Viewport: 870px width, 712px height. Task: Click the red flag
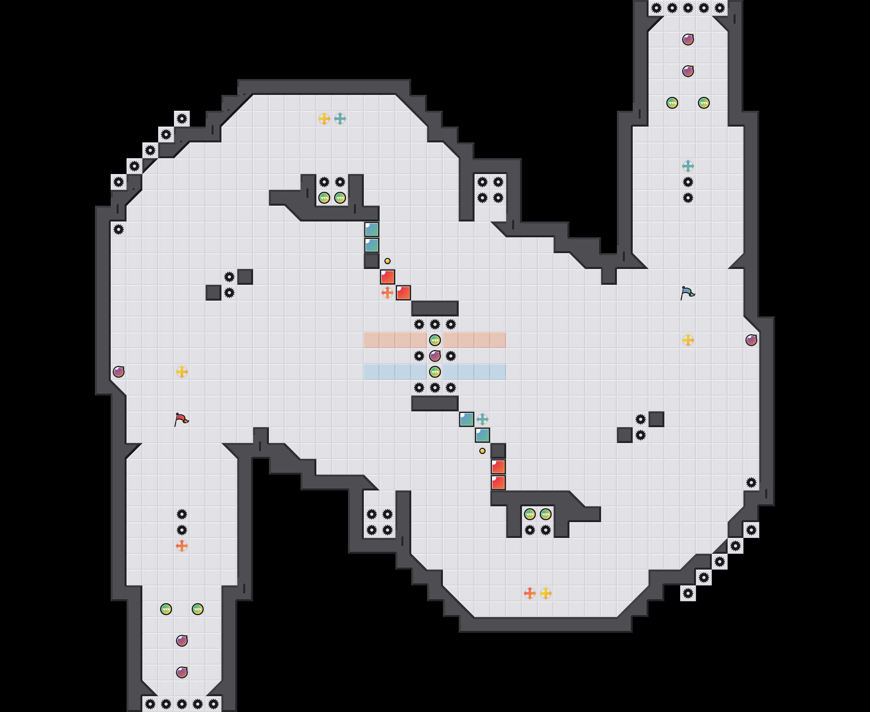(x=181, y=419)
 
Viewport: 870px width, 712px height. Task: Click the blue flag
(x=687, y=293)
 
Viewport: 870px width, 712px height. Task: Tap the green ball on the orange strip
(x=435, y=340)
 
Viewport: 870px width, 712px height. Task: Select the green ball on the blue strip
(x=435, y=371)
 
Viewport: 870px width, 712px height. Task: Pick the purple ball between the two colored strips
(x=435, y=356)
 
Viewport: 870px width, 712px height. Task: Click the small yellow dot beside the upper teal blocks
(x=387, y=261)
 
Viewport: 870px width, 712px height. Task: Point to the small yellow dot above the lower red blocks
(x=482, y=451)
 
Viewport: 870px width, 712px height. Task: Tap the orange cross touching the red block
(x=387, y=292)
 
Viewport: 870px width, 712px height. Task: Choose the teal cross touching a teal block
(x=482, y=419)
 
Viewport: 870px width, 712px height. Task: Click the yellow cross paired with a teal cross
(x=324, y=119)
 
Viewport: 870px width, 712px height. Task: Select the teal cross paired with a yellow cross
(x=340, y=119)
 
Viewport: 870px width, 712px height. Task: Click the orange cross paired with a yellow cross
(x=530, y=593)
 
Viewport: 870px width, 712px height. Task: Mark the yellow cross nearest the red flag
(x=182, y=371)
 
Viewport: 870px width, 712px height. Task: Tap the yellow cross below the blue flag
(x=688, y=340)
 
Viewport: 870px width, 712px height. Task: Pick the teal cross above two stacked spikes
(x=688, y=166)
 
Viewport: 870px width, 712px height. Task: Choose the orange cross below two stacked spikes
(x=182, y=545)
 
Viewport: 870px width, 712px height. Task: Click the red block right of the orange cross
(x=403, y=292)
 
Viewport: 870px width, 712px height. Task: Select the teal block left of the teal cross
(x=466, y=419)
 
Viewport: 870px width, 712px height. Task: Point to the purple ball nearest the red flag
(x=119, y=371)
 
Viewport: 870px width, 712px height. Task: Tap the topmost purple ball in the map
(x=688, y=40)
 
